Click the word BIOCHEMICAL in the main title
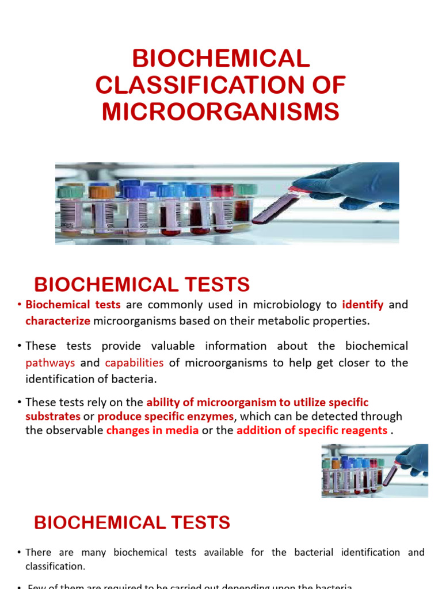221,59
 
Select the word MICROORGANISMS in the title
221,112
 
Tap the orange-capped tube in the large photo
102,210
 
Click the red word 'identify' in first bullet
363,305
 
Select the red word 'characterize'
58,321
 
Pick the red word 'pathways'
50,363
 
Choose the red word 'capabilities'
134,363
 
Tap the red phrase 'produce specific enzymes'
166,416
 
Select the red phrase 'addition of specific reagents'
311,430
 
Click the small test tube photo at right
375,470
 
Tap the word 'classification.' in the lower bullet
55,566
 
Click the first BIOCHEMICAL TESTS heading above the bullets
142,285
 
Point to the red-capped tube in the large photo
222,210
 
